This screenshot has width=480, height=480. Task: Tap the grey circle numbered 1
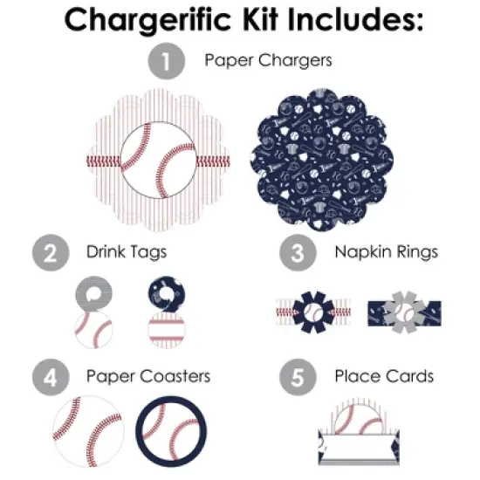click(164, 62)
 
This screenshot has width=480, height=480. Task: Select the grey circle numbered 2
click(51, 254)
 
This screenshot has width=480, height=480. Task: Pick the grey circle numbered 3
click(297, 254)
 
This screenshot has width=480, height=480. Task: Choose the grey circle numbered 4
click(51, 378)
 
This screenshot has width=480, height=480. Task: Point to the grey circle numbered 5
click(297, 378)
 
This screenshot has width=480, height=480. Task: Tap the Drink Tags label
click(127, 253)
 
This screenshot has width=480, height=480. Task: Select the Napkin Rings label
click(386, 253)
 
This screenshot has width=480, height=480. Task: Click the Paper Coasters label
click(148, 377)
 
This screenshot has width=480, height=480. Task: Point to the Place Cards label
click(384, 377)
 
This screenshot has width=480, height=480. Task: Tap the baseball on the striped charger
click(161, 161)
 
